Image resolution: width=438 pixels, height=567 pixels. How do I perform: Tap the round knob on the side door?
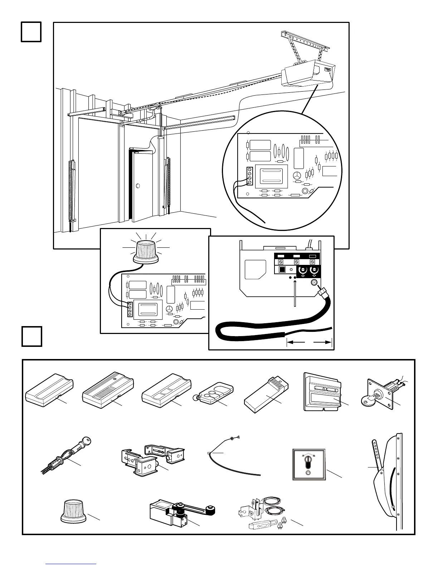pyautogui.click(x=138, y=186)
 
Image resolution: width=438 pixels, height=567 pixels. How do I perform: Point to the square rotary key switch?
pyautogui.click(x=307, y=464)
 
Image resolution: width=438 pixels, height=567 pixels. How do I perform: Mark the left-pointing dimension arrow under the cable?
pyautogui.click(x=296, y=343)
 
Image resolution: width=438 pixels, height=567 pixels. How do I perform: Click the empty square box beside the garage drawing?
pyautogui.click(x=31, y=32)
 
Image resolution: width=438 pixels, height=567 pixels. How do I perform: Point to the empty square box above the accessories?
pyautogui.click(x=32, y=336)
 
